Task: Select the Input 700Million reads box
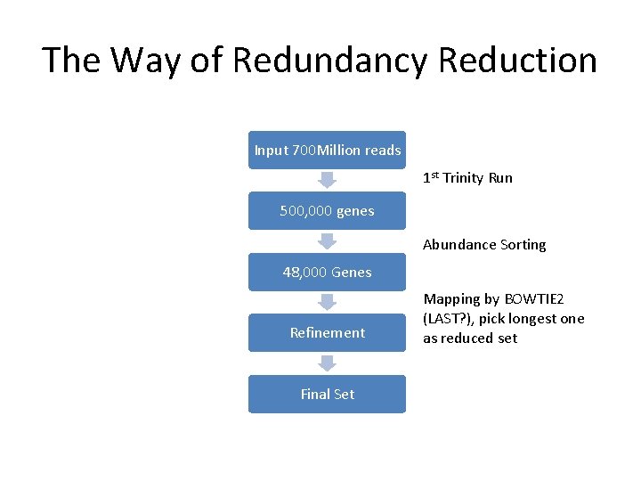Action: click(327, 150)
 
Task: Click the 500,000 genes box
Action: click(327, 211)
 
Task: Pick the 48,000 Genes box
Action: click(327, 272)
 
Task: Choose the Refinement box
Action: click(327, 332)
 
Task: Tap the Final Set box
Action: click(327, 394)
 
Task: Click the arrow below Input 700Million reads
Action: click(327, 180)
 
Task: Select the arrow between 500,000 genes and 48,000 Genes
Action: click(327, 241)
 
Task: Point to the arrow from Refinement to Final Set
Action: click(327, 363)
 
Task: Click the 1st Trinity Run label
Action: click(467, 177)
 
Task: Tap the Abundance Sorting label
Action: click(484, 245)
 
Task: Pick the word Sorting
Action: click(523, 245)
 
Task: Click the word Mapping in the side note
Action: click(451, 299)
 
